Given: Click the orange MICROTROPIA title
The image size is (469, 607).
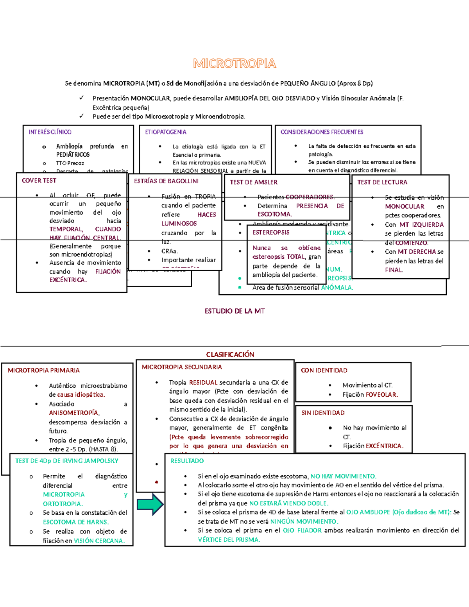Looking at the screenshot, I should coord(234,63).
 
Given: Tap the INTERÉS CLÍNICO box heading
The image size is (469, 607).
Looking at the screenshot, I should coord(50,132).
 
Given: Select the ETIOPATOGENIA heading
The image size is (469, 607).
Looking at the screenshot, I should coord(166,132).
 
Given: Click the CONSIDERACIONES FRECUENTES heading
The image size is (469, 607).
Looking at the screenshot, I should coord(322,132).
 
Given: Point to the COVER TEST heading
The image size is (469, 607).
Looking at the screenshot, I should coord(39,181).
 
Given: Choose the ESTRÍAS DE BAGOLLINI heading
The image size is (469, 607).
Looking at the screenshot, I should coord(166,181).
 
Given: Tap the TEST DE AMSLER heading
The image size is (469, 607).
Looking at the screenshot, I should coord(254,182).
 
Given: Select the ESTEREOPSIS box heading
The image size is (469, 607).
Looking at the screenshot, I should coord(271,233).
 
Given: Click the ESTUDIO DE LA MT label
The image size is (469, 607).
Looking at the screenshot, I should coord(234,311).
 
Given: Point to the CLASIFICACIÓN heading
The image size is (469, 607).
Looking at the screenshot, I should coord(230,355).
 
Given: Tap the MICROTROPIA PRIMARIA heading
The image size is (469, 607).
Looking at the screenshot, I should coord(43,370).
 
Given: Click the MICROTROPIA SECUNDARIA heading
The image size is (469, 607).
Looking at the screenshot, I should coord(182,367).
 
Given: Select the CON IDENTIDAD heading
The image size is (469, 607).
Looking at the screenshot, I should coord(324,370).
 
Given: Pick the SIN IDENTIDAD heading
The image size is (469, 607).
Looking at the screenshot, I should coord(323,413).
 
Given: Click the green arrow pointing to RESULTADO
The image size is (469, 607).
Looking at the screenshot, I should coord(150,504).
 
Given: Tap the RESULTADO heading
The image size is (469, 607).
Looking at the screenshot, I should coord(187,461).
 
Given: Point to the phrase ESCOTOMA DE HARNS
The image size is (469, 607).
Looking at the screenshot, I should coord(76,522).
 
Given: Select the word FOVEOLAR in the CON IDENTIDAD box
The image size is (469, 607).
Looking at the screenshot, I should coord(381,395).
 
